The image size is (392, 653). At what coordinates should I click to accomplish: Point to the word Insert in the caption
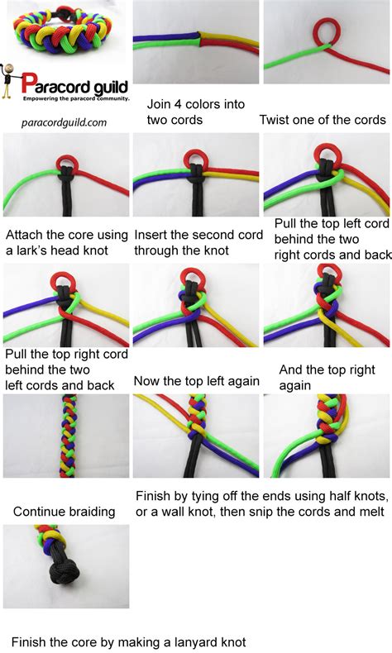click(x=152, y=235)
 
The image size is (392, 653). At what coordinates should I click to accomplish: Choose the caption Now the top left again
click(x=196, y=381)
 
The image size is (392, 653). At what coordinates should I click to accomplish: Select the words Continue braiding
click(x=64, y=512)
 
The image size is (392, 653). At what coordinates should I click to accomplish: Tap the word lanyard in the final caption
click(x=177, y=641)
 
